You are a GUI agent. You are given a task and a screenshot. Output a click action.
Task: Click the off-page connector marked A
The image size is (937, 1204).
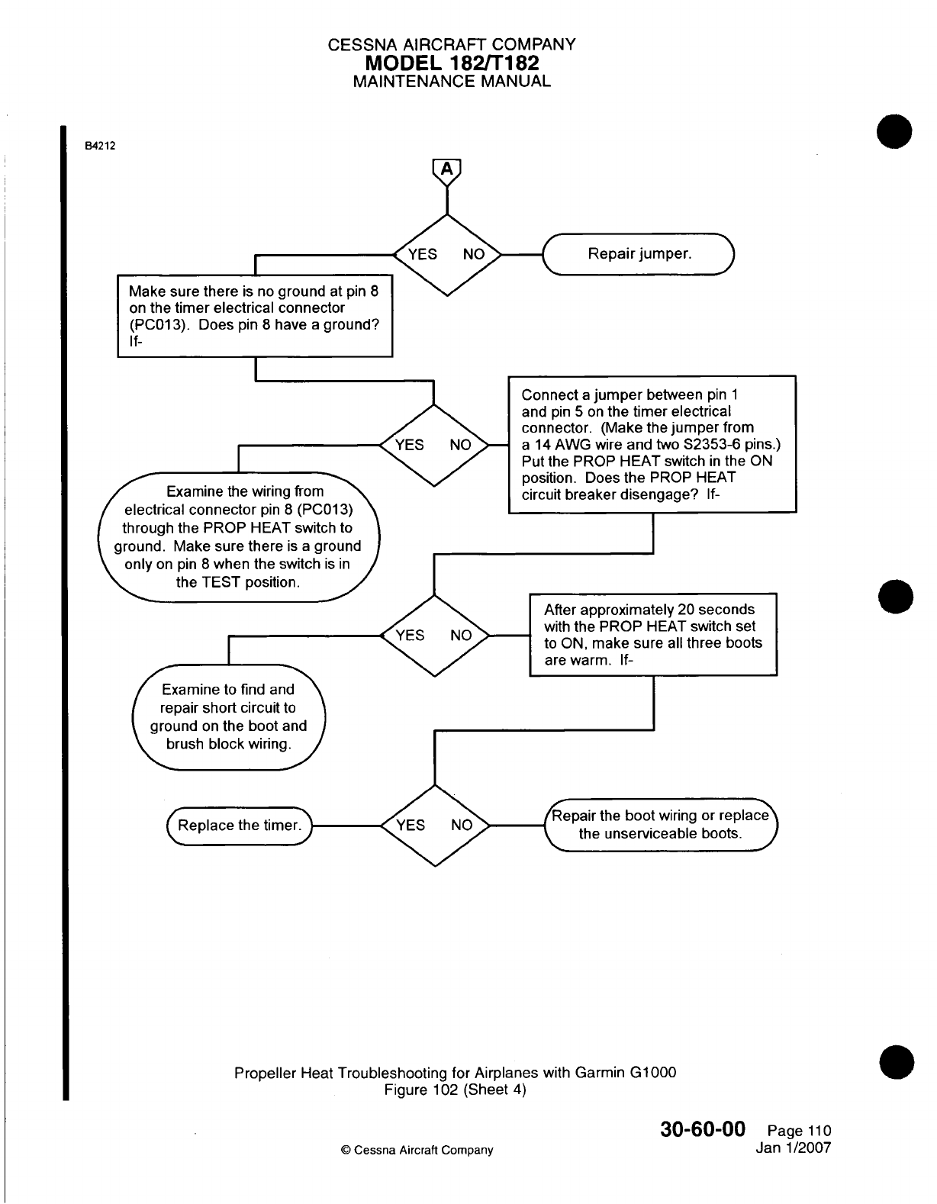click(447, 169)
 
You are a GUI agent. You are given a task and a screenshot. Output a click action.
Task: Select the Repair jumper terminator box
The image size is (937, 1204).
click(638, 253)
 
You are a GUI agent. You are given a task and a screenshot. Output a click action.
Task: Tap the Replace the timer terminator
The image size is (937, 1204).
click(240, 826)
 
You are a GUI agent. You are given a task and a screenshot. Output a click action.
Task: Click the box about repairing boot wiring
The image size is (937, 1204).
click(660, 825)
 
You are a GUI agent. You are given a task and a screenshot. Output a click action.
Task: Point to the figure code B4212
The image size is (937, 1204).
click(99, 146)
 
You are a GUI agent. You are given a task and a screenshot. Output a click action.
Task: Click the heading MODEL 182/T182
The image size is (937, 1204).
click(452, 63)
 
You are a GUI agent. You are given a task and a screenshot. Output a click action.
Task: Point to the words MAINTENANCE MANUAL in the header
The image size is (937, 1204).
click(452, 81)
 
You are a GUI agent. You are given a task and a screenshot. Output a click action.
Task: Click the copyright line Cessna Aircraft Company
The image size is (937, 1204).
click(417, 1150)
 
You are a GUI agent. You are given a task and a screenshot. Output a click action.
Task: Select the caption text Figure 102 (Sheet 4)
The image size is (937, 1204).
click(456, 1090)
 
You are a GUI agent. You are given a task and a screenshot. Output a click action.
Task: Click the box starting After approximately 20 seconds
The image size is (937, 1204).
click(653, 635)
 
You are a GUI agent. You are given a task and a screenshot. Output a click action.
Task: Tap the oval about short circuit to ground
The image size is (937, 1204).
click(228, 717)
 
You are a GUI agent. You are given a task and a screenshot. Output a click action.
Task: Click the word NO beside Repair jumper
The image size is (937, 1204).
click(474, 254)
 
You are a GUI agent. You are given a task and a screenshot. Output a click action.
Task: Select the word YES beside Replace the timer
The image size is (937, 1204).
click(411, 826)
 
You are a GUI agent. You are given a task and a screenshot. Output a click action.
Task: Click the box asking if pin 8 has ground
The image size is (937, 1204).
click(254, 316)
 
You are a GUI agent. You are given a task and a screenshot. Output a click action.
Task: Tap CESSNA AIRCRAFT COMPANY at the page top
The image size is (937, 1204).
click(452, 44)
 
